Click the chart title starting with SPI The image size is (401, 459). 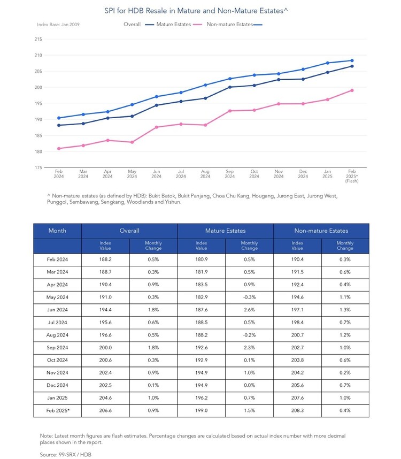point(196,11)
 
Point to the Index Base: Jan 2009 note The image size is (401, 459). point(58,25)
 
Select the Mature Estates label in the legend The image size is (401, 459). point(173,24)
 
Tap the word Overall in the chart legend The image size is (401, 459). point(132,24)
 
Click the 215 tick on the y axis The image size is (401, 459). point(38,39)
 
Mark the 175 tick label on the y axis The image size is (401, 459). point(38,168)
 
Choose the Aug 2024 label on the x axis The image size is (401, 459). point(205,174)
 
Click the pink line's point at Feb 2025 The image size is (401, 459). point(352,90)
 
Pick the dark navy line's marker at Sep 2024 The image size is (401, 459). point(230,87)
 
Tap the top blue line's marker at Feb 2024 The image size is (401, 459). point(59,118)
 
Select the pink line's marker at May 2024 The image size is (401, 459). point(132,142)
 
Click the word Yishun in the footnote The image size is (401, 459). point(173,202)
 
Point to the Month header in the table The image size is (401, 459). point(57,231)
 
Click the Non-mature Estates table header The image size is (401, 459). point(321,231)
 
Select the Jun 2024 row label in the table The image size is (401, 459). point(57,310)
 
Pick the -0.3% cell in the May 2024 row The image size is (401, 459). point(249,297)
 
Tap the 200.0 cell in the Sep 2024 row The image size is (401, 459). point(105,348)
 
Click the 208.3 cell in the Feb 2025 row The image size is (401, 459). point(297,410)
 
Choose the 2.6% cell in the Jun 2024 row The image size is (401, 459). point(249,310)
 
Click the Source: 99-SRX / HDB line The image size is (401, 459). point(66,455)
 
